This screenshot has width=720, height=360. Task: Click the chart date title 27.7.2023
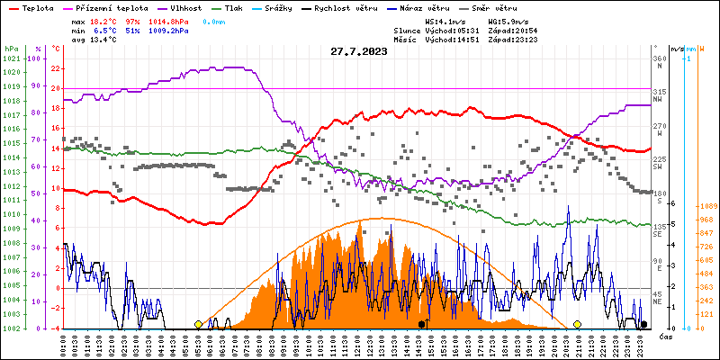click(x=358, y=52)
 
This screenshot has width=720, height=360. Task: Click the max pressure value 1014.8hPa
click(x=172, y=20)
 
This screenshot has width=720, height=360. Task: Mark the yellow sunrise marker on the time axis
click(x=198, y=324)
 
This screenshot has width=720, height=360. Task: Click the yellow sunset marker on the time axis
click(x=577, y=324)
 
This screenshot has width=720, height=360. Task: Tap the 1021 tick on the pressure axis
click(x=11, y=58)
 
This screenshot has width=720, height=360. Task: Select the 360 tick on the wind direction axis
click(x=659, y=58)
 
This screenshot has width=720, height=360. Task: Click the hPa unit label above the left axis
click(x=10, y=48)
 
